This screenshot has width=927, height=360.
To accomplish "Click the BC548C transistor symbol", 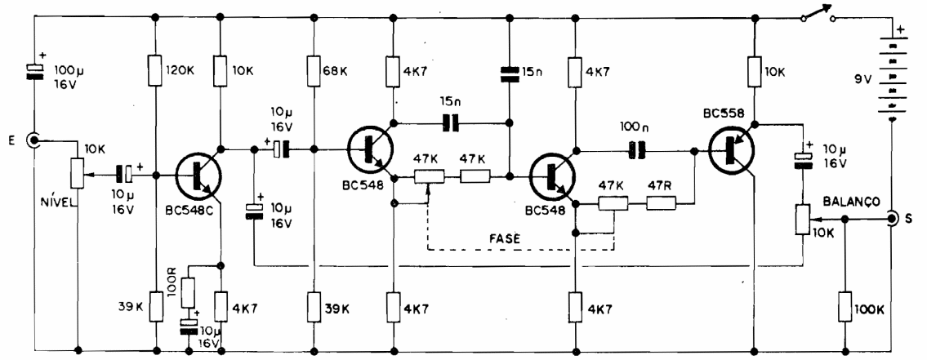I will pyautogui.click(x=200, y=173).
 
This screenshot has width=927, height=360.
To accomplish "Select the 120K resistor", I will pyautogui.click(x=156, y=70).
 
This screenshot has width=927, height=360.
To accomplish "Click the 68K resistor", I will pyautogui.click(x=314, y=70).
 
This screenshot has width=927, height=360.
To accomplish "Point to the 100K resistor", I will pyautogui.click(x=845, y=311).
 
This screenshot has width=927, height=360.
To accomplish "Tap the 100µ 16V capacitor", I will pyautogui.click(x=35, y=73).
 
